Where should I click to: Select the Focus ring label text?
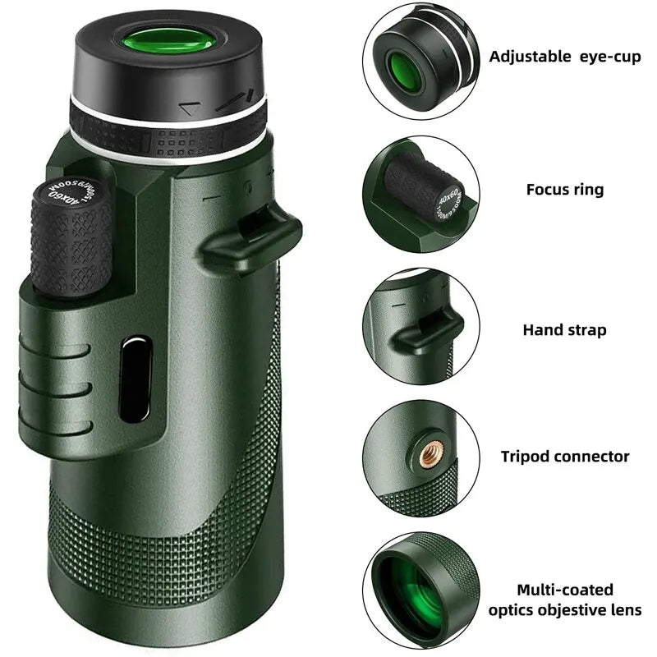coord(564,190)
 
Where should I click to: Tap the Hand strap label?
coord(564,330)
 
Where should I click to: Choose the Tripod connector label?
coord(565,456)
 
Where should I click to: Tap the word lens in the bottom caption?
coord(626,610)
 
